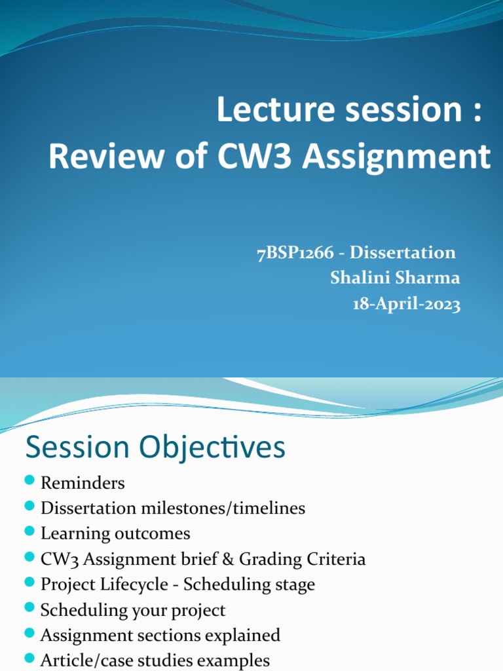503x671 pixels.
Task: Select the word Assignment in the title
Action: click(399, 157)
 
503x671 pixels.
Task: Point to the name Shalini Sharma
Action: click(395, 278)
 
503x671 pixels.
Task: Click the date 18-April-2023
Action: click(407, 304)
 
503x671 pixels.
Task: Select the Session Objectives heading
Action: click(155, 448)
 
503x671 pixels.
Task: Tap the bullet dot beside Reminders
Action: click(29, 482)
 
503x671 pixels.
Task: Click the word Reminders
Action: click(83, 484)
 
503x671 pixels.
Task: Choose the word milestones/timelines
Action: click(227, 508)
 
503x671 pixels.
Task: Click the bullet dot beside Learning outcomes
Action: click(29, 531)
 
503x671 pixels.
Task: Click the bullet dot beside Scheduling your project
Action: click(29, 607)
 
